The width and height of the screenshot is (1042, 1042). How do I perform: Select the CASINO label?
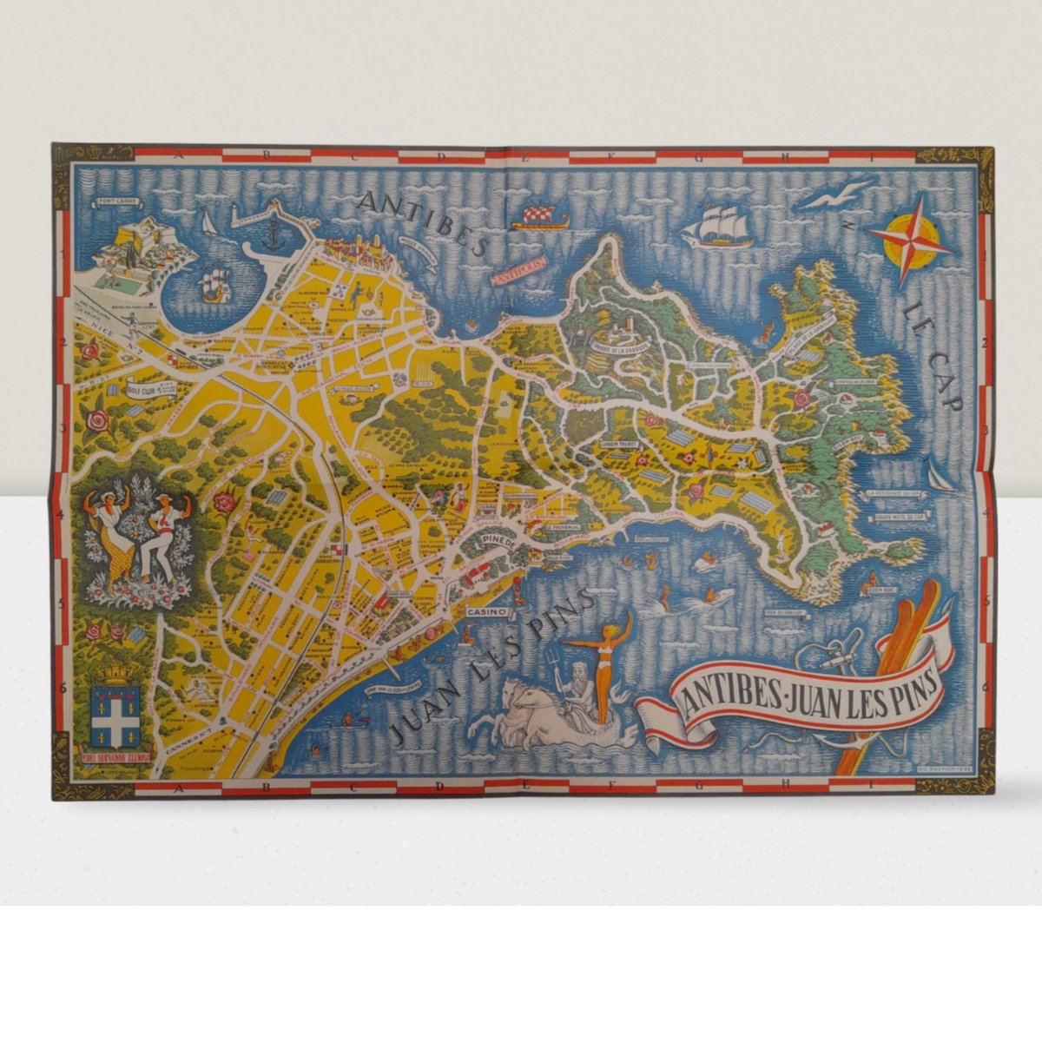point(485,611)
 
